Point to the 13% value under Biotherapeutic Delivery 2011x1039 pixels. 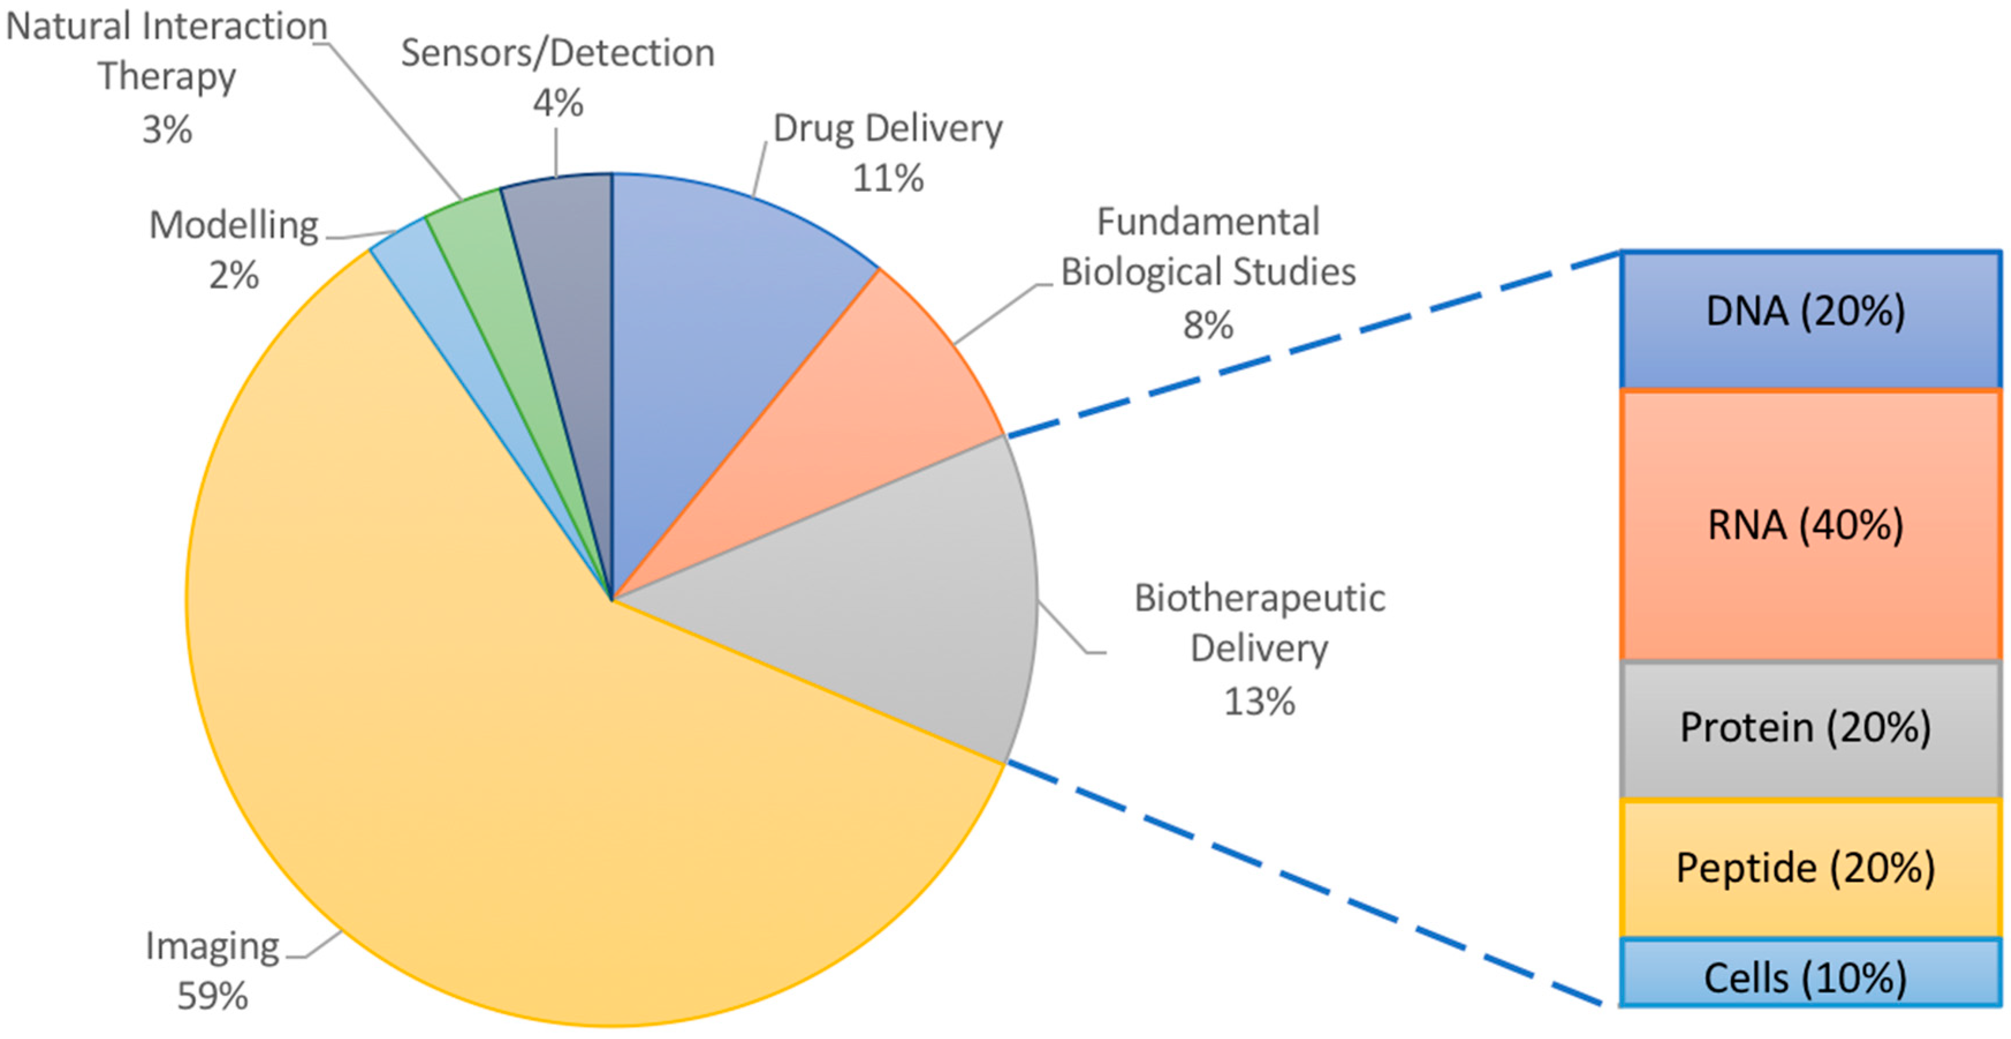[1259, 701]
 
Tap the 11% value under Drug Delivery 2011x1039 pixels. [888, 178]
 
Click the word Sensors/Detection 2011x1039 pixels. [557, 53]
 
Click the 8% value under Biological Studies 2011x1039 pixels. [1208, 325]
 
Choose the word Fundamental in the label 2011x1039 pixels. [1208, 222]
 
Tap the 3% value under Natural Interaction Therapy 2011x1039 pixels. [167, 130]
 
